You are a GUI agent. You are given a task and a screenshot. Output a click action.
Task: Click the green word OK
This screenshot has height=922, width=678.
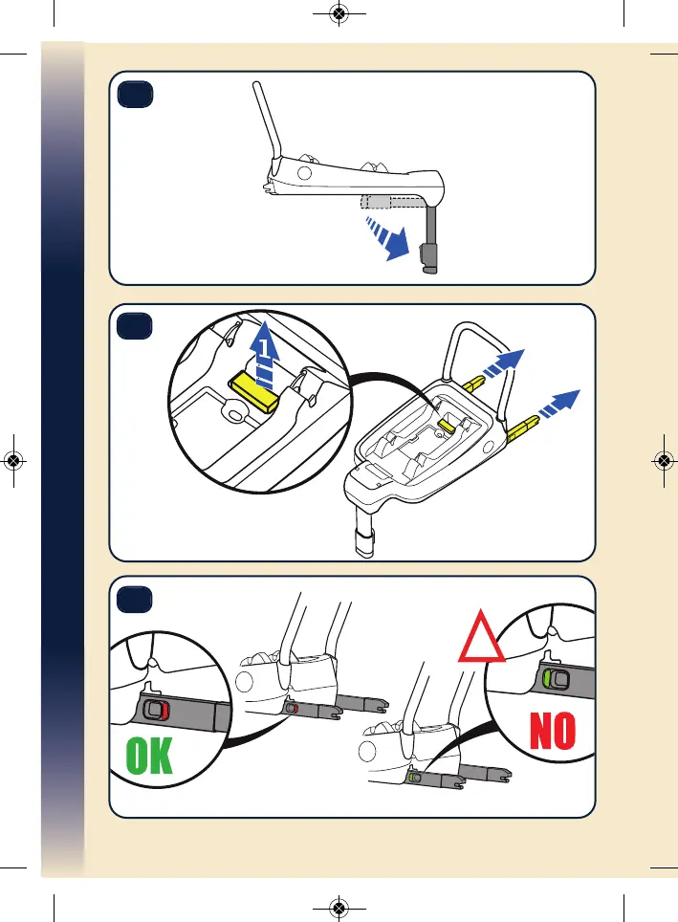point(149,757)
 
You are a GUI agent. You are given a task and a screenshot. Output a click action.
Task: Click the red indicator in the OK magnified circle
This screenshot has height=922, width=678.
point(164,711)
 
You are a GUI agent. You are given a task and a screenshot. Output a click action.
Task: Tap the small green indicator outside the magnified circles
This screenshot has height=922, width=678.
point(414,778)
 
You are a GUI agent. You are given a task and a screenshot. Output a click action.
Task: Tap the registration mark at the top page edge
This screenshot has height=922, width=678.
point(337,13)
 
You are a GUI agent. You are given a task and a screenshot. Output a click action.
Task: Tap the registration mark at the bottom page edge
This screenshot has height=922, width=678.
point(337,907)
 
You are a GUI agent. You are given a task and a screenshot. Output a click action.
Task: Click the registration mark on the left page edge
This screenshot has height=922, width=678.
point(13,460)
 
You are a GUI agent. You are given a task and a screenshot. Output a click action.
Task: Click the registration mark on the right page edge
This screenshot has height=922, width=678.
point(664,460)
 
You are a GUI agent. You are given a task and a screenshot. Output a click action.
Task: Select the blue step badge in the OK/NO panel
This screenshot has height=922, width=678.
point(132,601)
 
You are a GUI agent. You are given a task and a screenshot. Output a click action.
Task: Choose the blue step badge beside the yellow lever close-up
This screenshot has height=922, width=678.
point(132,328)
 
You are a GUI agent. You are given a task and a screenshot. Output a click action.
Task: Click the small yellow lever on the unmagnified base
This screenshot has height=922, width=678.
point(446,425)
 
